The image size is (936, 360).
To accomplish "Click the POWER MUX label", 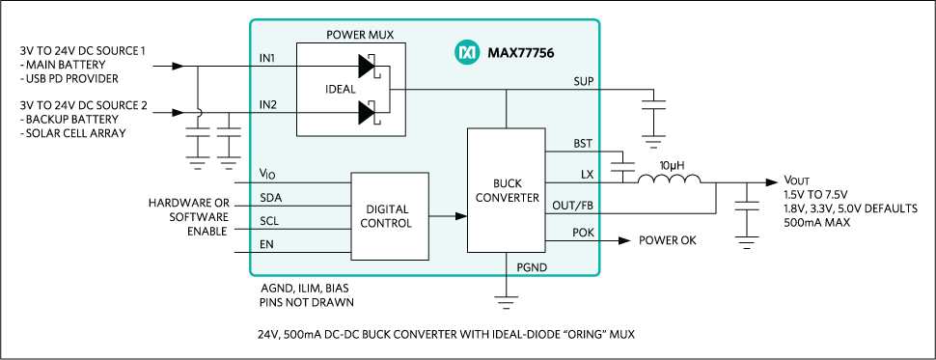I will coord(359,35).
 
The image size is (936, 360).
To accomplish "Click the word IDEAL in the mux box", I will coord(341,89).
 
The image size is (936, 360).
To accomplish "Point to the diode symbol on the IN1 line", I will coord(367,66).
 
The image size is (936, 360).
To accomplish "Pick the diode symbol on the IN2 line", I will coord(367,113).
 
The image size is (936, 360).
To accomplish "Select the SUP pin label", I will coord(583,81).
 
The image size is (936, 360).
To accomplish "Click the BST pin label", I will coord(583,144).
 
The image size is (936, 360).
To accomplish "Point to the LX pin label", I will coord(587,175).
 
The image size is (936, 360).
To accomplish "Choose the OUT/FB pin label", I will coord(573,206).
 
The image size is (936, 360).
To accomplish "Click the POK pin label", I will coord(582,233).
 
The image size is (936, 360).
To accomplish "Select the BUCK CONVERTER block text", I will coord(506,190).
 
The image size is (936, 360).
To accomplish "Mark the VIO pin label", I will coord(267,174).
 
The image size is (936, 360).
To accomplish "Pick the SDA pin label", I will coord(270,198).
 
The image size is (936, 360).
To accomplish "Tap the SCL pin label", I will coord(269,222).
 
